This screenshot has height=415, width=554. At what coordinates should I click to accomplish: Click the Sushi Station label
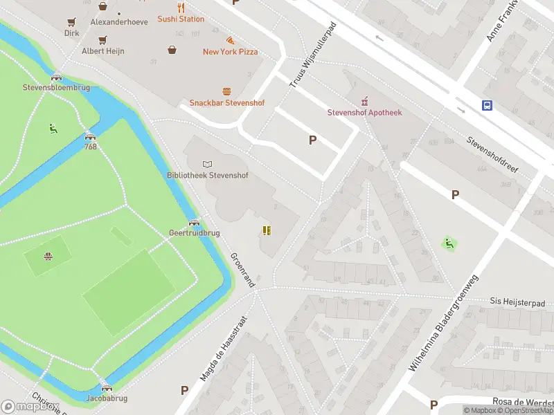click(x=181, y=19)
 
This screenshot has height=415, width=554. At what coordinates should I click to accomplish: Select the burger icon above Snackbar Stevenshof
click(x=226, y=91)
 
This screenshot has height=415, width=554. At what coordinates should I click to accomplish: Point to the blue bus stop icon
click(x=488, y=105)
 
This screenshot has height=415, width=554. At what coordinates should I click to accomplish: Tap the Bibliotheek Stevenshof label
click(x=207, y=175)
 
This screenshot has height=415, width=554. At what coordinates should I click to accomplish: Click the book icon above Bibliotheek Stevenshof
click(x=206, y=164)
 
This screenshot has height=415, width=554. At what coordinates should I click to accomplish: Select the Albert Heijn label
click(x=103, y=51)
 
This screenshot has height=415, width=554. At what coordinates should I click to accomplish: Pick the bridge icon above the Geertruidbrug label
click(x=194, y=222)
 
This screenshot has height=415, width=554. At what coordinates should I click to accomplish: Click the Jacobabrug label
click(x=107, y=398)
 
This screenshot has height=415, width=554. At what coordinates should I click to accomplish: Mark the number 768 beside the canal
click(x=91, y=147)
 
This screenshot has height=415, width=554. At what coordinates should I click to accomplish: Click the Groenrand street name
click(x=243, y=270)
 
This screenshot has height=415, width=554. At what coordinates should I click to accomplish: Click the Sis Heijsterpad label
click(x=518, y=302)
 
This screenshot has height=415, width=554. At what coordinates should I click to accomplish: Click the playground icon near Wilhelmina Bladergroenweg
click(x=449, y=243)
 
